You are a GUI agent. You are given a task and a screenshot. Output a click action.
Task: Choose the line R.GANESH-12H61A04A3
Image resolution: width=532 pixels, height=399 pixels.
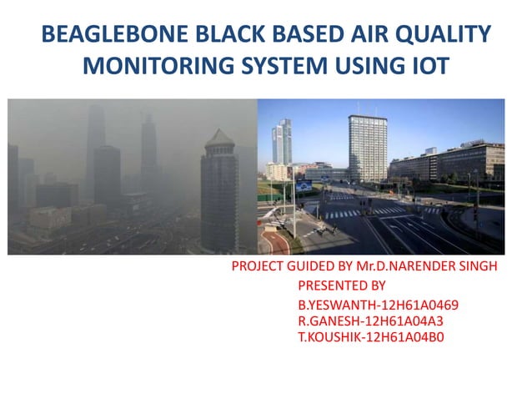click(369, 321)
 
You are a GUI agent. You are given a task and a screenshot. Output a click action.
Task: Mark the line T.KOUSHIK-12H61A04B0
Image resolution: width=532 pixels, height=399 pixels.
click(371, 337)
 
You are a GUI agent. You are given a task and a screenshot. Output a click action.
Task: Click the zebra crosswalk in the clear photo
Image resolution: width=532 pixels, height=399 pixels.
click(350, 213)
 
